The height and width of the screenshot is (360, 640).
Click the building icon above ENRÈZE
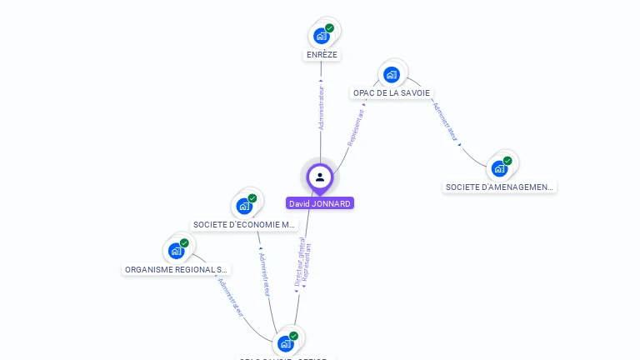(321, 36)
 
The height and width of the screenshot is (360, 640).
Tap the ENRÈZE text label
(322, 55)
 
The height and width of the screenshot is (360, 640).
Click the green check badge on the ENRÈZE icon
(329, 28)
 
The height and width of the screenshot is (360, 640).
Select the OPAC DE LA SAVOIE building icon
(391, 74)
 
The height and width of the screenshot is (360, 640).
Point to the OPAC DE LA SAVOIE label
(392, 92)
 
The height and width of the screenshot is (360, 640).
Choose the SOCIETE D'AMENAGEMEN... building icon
(499, 167)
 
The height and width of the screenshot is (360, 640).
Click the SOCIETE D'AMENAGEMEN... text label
(499, 187)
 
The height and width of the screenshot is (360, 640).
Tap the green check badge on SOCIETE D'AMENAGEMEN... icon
(507, 161)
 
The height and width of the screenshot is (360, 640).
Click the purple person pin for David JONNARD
(320, 177)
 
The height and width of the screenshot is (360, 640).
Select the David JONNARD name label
(320, 203)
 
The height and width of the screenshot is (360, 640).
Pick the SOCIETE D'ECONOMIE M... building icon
(244, 205)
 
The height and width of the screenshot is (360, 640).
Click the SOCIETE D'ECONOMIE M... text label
(244, 224)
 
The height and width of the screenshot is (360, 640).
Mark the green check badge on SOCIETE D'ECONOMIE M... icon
(252, 198)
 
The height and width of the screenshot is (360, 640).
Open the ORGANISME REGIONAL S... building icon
(176, 250)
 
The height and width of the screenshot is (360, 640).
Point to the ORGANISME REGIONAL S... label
(176, 269)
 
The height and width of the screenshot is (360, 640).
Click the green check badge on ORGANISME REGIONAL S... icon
(184, 243)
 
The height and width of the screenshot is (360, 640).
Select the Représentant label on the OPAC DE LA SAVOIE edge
(356, 127)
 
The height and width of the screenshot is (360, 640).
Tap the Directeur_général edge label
(299, 262)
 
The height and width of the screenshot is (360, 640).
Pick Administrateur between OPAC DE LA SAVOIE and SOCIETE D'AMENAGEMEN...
(445, 122)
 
